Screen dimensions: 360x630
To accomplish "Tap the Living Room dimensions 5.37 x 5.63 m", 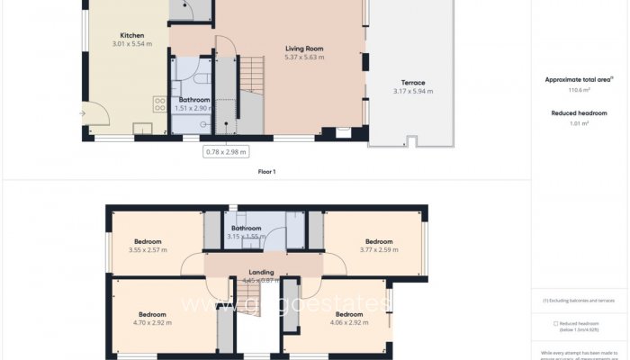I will pyautogui.click(x=304, y=57).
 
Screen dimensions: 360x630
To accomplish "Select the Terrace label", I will pyautogui.click(x=413, y=82).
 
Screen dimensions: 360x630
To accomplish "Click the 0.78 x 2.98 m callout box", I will pyautogui.click(x=227, y=152).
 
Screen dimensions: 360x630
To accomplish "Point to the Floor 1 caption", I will pyautogui.click(x=266, y=171).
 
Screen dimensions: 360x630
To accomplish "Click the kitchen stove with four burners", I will pyautogui.click(x=160, y=104).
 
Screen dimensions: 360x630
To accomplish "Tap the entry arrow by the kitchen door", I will pyautogui.click(x=82, y=113).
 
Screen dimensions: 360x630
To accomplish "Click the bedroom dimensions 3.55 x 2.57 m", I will pyautogui.click(x=148, y=250).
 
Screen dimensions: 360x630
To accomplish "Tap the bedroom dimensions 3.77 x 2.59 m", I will pyautogui.click(x=378, y=250).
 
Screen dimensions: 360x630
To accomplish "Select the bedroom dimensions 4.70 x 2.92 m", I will pyautogui.click(x=152, y=322).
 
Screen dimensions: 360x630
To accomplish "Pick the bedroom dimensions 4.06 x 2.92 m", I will pyautogui.click(x=349, y=322).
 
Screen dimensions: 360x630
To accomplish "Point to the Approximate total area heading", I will pyautogui.click(x=577, y=79).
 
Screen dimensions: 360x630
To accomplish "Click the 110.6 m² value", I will pyautogui.click(x=577, y=91).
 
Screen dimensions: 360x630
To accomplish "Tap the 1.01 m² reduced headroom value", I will pyautogui.click(x=577, y=123).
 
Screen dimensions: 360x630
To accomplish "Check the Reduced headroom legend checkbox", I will pyautogui.click(x=554, y=323).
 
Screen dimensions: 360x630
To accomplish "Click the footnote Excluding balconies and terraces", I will pyautogui.click(x=580, y=300).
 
